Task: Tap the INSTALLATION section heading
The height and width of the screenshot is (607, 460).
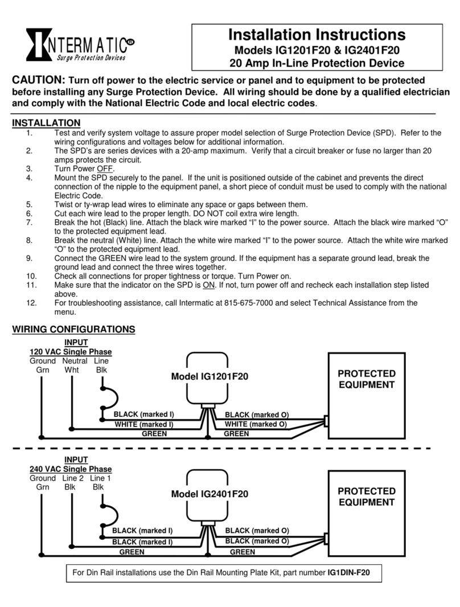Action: (46, 123)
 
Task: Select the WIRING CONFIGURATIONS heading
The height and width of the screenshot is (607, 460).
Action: (73, 329)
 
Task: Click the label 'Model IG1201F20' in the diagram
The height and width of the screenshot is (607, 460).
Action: (210, 376)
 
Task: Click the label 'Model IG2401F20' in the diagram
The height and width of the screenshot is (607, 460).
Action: (210, 494)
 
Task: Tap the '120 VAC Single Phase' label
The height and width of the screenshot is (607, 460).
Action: (71, 352)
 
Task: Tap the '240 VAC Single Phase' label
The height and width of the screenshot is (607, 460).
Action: (71, 469)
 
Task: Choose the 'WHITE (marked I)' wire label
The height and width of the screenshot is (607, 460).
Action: (143, 424)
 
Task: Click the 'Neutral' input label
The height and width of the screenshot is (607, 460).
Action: (75, 361)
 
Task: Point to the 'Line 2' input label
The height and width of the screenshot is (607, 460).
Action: (72, 478)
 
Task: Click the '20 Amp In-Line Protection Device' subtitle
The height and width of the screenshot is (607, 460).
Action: (316, 63)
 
